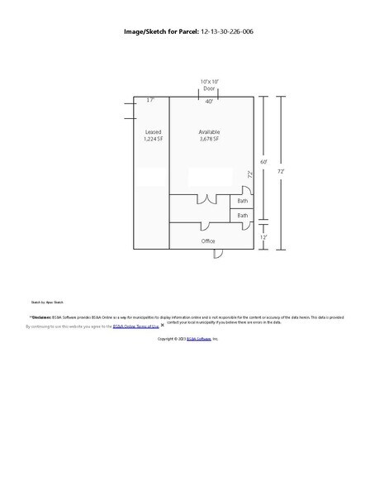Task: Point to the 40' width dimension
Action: [210, 101]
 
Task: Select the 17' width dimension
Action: [150, 100]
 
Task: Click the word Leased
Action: [153, 132]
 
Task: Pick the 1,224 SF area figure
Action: [153, 140]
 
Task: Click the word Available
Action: [210, 132]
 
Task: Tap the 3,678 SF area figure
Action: [210, 140]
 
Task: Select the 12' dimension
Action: [264, 236]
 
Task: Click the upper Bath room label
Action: [243, 201]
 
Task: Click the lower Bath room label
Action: [243, 216]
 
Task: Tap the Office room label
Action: [208, 241]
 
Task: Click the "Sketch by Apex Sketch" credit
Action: [46, 303]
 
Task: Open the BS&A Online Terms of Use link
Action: [135, 327]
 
